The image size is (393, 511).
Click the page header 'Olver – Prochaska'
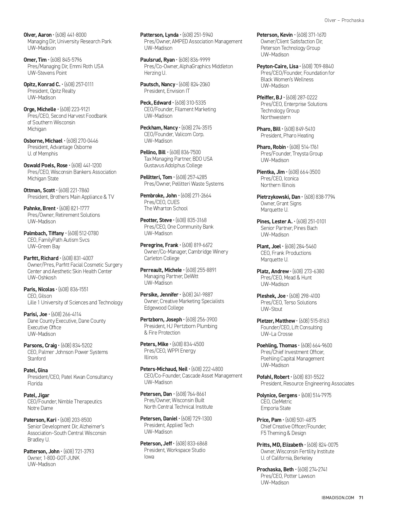coord(344,20)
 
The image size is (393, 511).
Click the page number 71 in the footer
coord(361,498)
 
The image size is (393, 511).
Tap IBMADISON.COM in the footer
coord(338,498)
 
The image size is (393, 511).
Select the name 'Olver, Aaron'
coord(38,35)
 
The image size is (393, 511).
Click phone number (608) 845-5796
coord(66,60)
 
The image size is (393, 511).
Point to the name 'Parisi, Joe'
coord(35,314)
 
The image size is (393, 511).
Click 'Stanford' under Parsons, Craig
coord(36,358)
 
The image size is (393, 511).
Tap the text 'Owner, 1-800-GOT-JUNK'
coord(53,458)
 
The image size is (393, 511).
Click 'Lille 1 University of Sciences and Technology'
coord(75,302)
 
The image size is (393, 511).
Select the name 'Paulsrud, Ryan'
coord(157,60)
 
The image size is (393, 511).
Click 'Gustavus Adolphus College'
coord(173,165)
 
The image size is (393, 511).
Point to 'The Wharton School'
coord(166,208)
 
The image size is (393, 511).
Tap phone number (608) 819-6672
coord(197,245)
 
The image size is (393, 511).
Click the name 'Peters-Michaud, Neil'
coord(164,369)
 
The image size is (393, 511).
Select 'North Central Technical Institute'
coord(178,407)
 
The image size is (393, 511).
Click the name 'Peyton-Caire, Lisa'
coord(277,66)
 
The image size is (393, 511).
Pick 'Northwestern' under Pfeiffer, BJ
coord(275,117)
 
